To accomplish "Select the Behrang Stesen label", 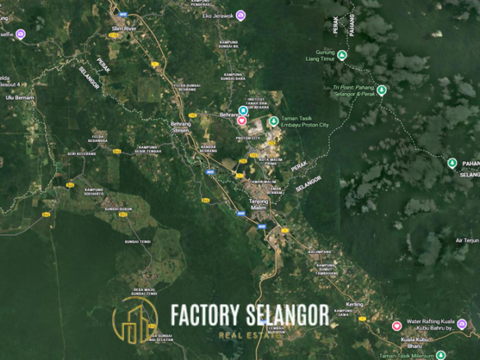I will click(180, 127).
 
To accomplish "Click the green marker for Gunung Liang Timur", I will click(342, 55).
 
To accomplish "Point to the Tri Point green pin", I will click(381, 90).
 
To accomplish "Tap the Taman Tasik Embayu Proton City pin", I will click(274, 121).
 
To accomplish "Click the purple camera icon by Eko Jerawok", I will click(240, 16).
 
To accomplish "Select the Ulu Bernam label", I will click(17, 97).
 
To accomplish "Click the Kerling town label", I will click(354, 303).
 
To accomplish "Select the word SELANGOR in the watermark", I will click(285, 315).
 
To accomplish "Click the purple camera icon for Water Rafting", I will click(397, 326).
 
